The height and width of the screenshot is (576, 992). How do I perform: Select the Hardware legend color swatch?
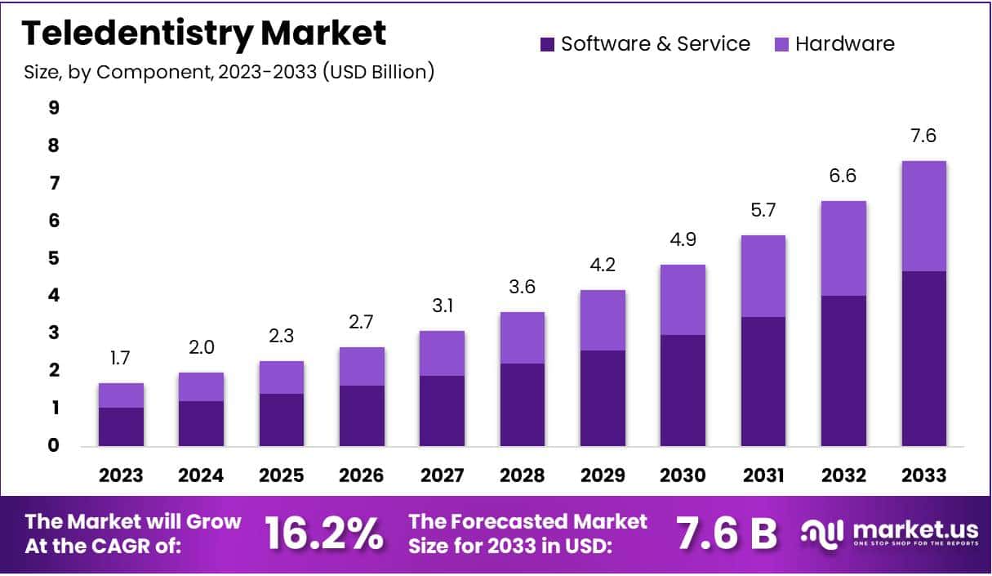pos(781,44)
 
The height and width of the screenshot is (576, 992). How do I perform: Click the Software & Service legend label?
pos(655,44)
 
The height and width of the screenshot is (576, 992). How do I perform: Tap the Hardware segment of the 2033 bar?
pos(923,216)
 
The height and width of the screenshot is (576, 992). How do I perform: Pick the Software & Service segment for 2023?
pos(121,426)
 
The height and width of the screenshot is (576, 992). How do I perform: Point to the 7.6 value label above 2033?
pos(923,136)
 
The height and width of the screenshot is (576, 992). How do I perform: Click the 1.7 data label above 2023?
pos(121,358)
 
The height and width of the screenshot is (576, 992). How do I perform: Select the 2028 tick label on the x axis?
pos(522,476)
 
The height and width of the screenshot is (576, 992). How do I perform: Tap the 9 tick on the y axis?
pos(54,108)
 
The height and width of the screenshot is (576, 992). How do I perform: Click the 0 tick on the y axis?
pos(54,445)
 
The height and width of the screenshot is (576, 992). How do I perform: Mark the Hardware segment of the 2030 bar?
pos(683,300)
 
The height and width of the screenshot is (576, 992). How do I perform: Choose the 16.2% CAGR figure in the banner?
pos(324,534)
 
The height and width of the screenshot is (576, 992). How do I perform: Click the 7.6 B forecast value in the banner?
pos(727,534)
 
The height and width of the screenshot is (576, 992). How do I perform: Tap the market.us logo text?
pos(914,529)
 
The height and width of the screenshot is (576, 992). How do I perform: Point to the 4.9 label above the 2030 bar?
pos(683,240)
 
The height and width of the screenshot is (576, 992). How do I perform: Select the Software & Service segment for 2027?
pos(442,411)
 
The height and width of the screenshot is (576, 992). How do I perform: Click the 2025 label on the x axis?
pos(282,476)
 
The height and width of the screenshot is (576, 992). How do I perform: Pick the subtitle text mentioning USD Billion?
pos(229,72)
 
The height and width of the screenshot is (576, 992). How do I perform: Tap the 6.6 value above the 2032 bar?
pos(843,176)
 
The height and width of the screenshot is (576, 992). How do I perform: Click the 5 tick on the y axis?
pos(54,258)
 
